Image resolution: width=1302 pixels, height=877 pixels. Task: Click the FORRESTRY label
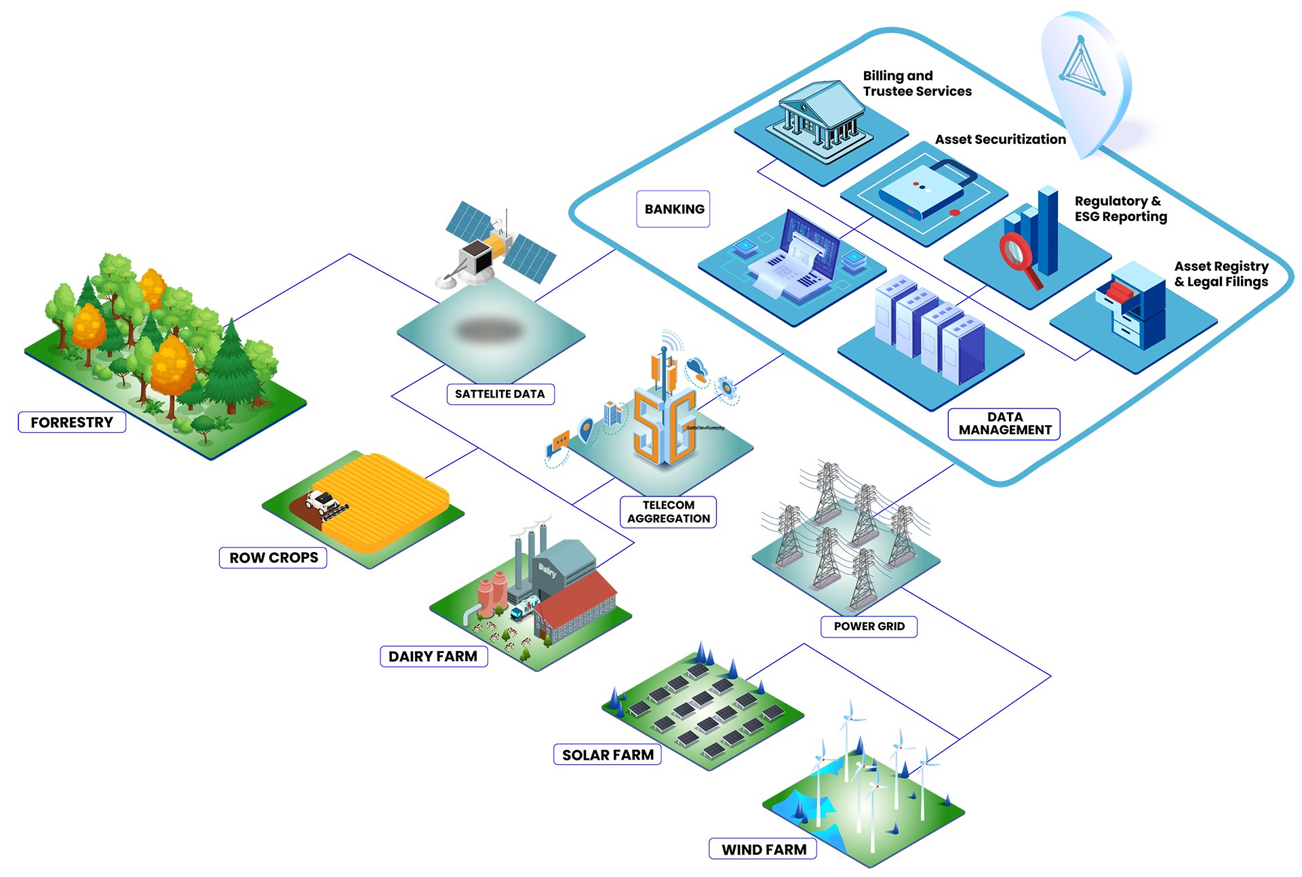[72, 423]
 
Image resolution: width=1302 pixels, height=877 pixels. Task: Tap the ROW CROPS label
[273, 558]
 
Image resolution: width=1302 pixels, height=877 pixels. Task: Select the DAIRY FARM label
[433, 657]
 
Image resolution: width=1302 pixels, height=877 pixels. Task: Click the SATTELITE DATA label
[500, 394]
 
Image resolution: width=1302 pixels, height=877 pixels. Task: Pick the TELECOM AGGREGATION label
[669, 512]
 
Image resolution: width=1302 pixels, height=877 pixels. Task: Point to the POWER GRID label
[869, 627]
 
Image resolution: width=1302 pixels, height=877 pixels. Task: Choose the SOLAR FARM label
[608, 755]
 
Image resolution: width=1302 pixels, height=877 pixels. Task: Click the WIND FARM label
[764, 849]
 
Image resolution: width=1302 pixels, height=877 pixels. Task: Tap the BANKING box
[673, 209]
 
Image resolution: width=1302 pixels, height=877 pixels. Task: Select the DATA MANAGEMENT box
[1004, 424]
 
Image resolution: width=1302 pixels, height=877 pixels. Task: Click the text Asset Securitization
[1000, 140]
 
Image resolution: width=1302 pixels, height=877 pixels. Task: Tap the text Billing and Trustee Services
[917, 83]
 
